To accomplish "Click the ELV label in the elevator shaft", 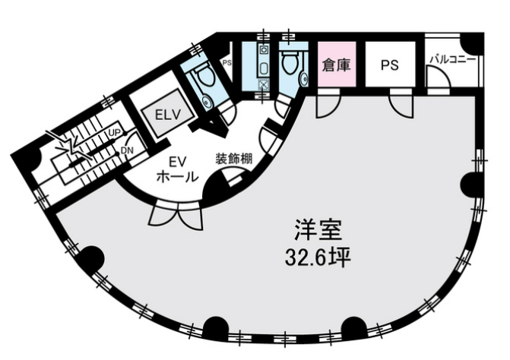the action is coord(167,115).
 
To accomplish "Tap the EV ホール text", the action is coord(178,169).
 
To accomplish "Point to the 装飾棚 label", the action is coord(234,159).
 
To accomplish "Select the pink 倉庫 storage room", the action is coord(337,65).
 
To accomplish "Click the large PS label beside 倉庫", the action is coord(390,65).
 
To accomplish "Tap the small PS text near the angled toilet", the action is coord(226,62).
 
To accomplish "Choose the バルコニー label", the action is coord(453,59).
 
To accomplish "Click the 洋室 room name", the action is coord(318,230).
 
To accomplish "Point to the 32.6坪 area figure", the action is coord(318,257).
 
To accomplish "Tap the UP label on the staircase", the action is coord(115,132).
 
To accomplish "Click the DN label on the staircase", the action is coord(125,150).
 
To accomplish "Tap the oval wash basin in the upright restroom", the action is coord(305,79).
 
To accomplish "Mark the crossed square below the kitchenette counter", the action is coord(263,85).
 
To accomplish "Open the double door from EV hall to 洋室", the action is coord(176,214).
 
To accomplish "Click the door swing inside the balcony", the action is coord(439,77).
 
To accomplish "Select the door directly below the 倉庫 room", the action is coord(328,103).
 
